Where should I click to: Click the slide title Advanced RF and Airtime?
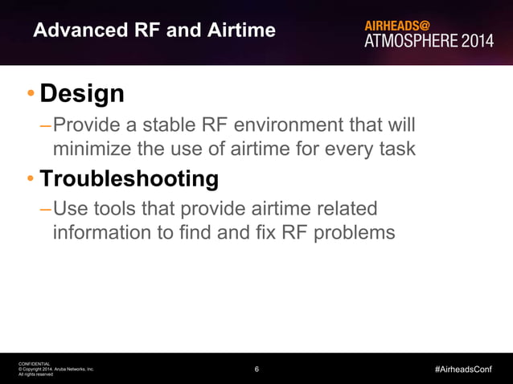tap(154, 31)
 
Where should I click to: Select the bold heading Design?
tap(82, 94)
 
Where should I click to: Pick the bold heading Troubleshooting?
tap(129, 178)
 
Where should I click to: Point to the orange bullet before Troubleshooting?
tap(30, 179)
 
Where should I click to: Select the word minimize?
tap(91, 149)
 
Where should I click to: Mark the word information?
tap(101, 233)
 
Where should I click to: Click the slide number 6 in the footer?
tap(256, 370)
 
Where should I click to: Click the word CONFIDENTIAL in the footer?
tap(34, 364)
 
